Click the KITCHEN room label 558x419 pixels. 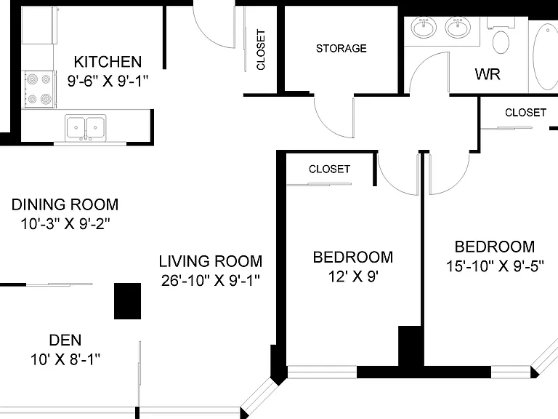coord(108,62)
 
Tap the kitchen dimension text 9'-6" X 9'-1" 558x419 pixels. coord(108,81)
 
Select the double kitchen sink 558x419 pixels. coord(86,127)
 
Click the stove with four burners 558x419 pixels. coord(39,89)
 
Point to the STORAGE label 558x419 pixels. coord(341,49)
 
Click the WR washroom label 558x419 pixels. coord(488,74)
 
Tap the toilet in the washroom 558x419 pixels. coord(501,36)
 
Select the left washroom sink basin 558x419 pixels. coord(424,28)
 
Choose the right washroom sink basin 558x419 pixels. coord(458,28)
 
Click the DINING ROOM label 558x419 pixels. coord(65,204)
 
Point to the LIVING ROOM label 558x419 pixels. coord(211,261)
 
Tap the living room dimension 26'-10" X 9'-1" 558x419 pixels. coord(211,280)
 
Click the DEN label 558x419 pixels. coord(65,340)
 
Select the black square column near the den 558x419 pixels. coord(127,301)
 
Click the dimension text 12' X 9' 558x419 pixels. coord(353,276)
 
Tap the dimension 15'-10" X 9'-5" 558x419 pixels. coord(495,266)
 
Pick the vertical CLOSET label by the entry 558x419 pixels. coord(261,49)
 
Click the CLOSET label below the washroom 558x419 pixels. coord(525,113)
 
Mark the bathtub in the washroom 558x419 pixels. coord(545,56)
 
